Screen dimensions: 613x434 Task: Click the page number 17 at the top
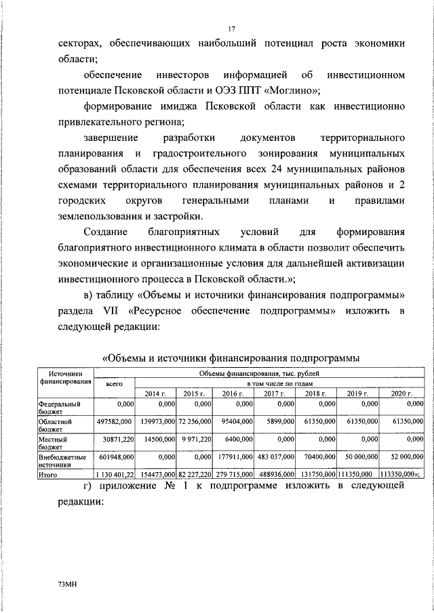click(231, 28)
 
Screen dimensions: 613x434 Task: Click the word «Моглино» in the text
click(296, 89)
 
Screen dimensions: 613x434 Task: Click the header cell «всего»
click(114, 383)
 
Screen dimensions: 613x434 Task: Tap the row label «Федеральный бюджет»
click(60, 408)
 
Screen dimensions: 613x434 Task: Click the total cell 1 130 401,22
click(113, 476)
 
